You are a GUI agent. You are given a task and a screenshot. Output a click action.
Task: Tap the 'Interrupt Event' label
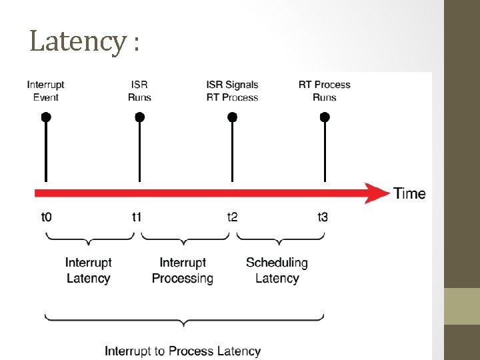tap(45, 91)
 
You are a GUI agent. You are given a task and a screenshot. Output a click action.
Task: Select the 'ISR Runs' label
tap(139, 91)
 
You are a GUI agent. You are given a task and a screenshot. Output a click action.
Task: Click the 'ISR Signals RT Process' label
tap(232, 91)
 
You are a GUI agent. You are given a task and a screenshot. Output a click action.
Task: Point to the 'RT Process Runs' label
tap(325, 91)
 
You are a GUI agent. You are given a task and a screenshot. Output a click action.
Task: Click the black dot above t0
tap(45, 117)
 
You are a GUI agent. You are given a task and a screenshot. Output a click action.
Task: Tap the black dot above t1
tap(139, 117)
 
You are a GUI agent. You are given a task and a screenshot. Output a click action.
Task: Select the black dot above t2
tap(232, 117)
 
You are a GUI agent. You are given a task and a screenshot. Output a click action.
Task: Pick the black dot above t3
tap(325, 117)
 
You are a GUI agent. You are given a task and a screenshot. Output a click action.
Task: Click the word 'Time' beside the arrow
tap(409, 193)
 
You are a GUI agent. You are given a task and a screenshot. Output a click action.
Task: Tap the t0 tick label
tap(47, 217)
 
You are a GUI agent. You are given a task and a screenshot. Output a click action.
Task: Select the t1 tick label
tap(137, 217)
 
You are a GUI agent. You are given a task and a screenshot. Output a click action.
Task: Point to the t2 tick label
tap(233, 217)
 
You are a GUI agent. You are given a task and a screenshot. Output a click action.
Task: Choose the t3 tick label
tap(323, 217)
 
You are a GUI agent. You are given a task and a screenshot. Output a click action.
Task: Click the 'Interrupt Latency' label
tap(89, 271)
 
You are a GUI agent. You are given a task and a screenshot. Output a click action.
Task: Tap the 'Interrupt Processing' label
tap(183, 271)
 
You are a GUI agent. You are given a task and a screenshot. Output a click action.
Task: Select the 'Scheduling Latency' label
tap(277, 271)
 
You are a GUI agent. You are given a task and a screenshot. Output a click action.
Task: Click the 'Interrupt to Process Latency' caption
tap(183, 351)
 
